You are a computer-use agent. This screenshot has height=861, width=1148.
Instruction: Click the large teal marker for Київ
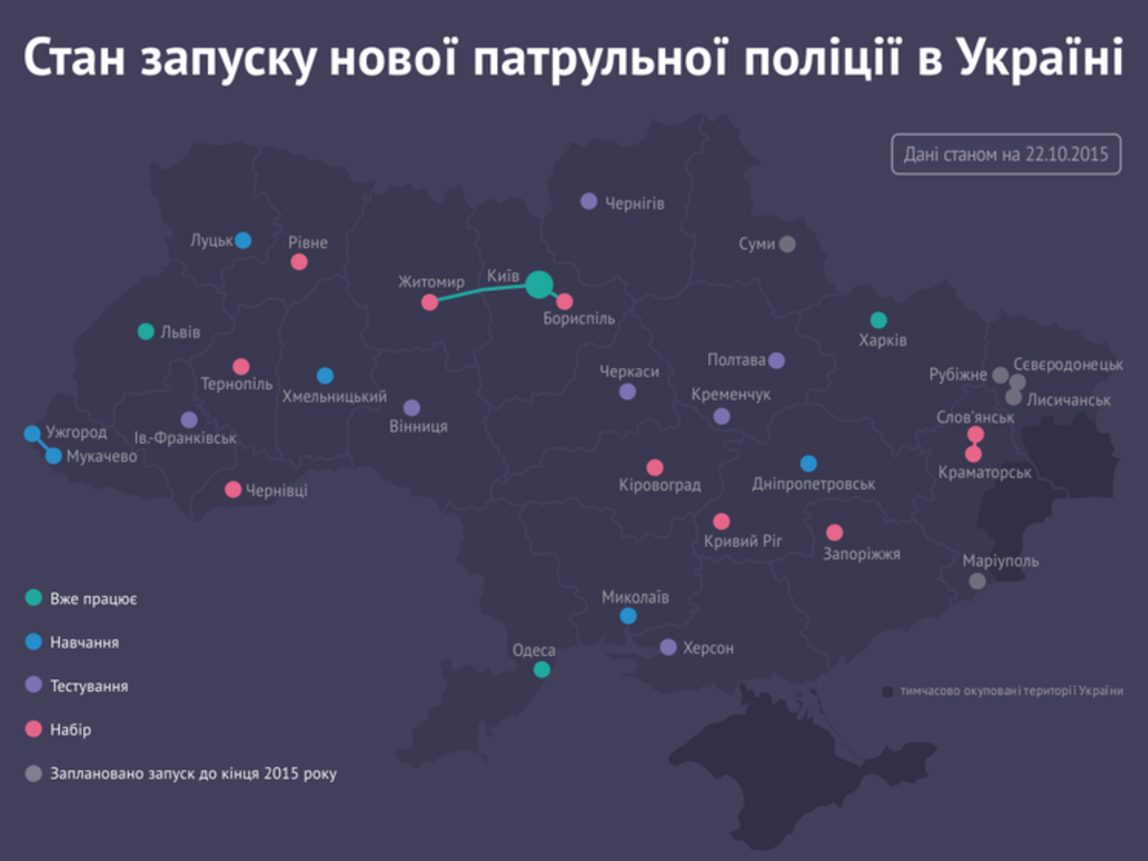540,284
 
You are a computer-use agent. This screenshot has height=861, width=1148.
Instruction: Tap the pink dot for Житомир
430,303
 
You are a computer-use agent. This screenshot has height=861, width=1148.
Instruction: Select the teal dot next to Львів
146,331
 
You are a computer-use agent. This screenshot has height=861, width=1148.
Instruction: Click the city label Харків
882,340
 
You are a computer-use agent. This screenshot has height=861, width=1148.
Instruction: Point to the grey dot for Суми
787,244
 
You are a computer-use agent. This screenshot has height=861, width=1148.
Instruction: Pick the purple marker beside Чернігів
589,201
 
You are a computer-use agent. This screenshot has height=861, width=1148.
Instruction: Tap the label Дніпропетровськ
813,484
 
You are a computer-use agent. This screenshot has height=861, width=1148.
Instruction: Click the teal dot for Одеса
541,669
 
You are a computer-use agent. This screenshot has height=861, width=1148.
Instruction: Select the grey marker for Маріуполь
977,581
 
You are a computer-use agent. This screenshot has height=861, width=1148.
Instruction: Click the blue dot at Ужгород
33,434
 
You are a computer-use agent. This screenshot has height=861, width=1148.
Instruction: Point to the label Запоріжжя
861,555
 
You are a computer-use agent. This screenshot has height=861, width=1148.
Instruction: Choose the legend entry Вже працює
93,599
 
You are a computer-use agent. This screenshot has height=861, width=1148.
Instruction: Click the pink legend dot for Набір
34,729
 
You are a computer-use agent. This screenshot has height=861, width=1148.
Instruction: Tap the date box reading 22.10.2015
1006,155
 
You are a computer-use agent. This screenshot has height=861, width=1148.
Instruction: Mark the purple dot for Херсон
668,647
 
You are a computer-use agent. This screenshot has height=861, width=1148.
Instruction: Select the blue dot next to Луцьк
243,240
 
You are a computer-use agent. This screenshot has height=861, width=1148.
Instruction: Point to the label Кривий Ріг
743,541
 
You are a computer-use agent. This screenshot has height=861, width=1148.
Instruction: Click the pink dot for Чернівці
233,489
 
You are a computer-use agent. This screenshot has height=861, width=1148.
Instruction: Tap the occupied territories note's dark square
887,691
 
